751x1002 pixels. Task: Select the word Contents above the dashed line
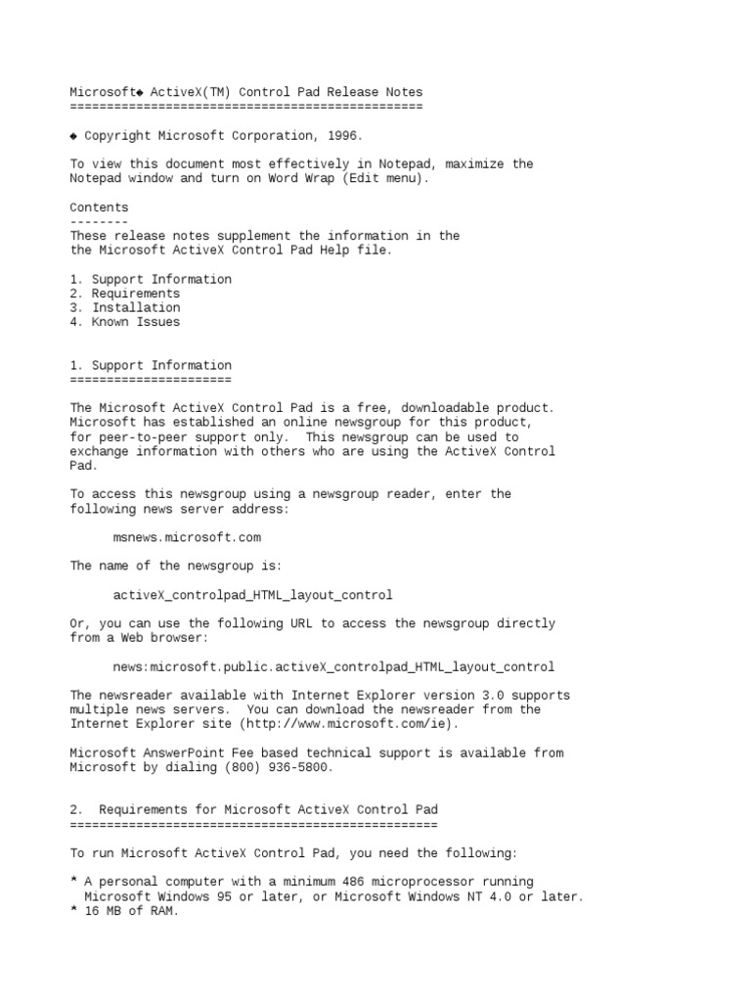99,207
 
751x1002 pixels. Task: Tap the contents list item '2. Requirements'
124,294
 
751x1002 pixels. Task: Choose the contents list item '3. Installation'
124,307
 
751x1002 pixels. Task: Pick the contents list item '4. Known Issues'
124,322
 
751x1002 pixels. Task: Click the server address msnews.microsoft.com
187,537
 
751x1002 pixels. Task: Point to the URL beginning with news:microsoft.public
333,667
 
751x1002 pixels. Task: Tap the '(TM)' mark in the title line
227,92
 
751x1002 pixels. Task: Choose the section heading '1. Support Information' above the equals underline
151,365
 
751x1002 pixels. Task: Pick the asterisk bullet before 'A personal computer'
73,883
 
